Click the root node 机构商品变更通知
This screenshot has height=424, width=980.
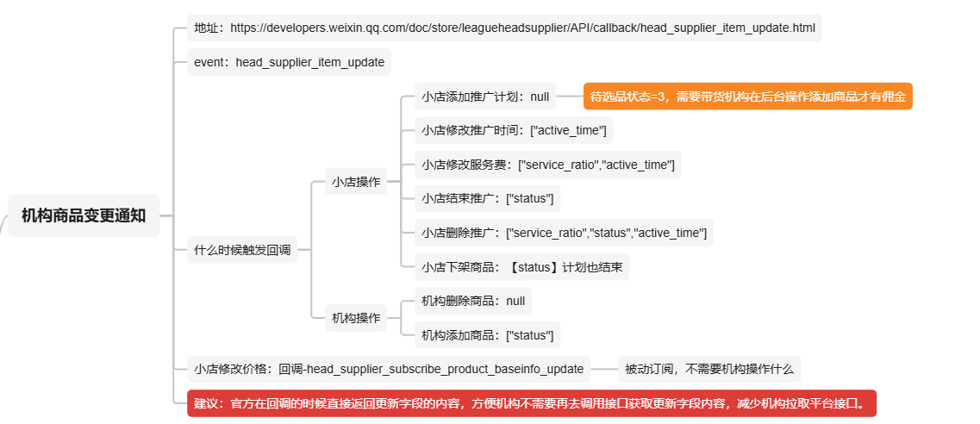(84, 215)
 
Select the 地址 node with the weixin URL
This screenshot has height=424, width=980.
(504, 28)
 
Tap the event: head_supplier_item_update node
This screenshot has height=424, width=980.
(290, 62)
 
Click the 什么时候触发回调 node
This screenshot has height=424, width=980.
(242, 251)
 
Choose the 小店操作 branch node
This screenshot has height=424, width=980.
(356, 182)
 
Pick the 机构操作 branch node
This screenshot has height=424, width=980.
(356, 318)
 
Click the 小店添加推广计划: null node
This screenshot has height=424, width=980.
(485, 97)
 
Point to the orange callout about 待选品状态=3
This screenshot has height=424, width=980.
(747, 97)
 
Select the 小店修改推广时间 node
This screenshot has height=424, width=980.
(514, 130)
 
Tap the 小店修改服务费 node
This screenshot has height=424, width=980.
(547, 165)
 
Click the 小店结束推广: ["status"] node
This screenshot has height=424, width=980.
(487, 198)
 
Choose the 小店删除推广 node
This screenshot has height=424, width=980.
(564, 233)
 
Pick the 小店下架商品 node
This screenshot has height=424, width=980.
(521, 266)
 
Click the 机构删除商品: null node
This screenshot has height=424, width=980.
(472, 301)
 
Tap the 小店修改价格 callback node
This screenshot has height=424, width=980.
(389, 369)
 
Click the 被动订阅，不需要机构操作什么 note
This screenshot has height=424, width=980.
(709, 369)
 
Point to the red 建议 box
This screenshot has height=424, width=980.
(531, 402)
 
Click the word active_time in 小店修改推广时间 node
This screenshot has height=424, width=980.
(572, 130)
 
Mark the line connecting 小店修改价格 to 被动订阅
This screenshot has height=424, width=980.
(604, 369)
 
